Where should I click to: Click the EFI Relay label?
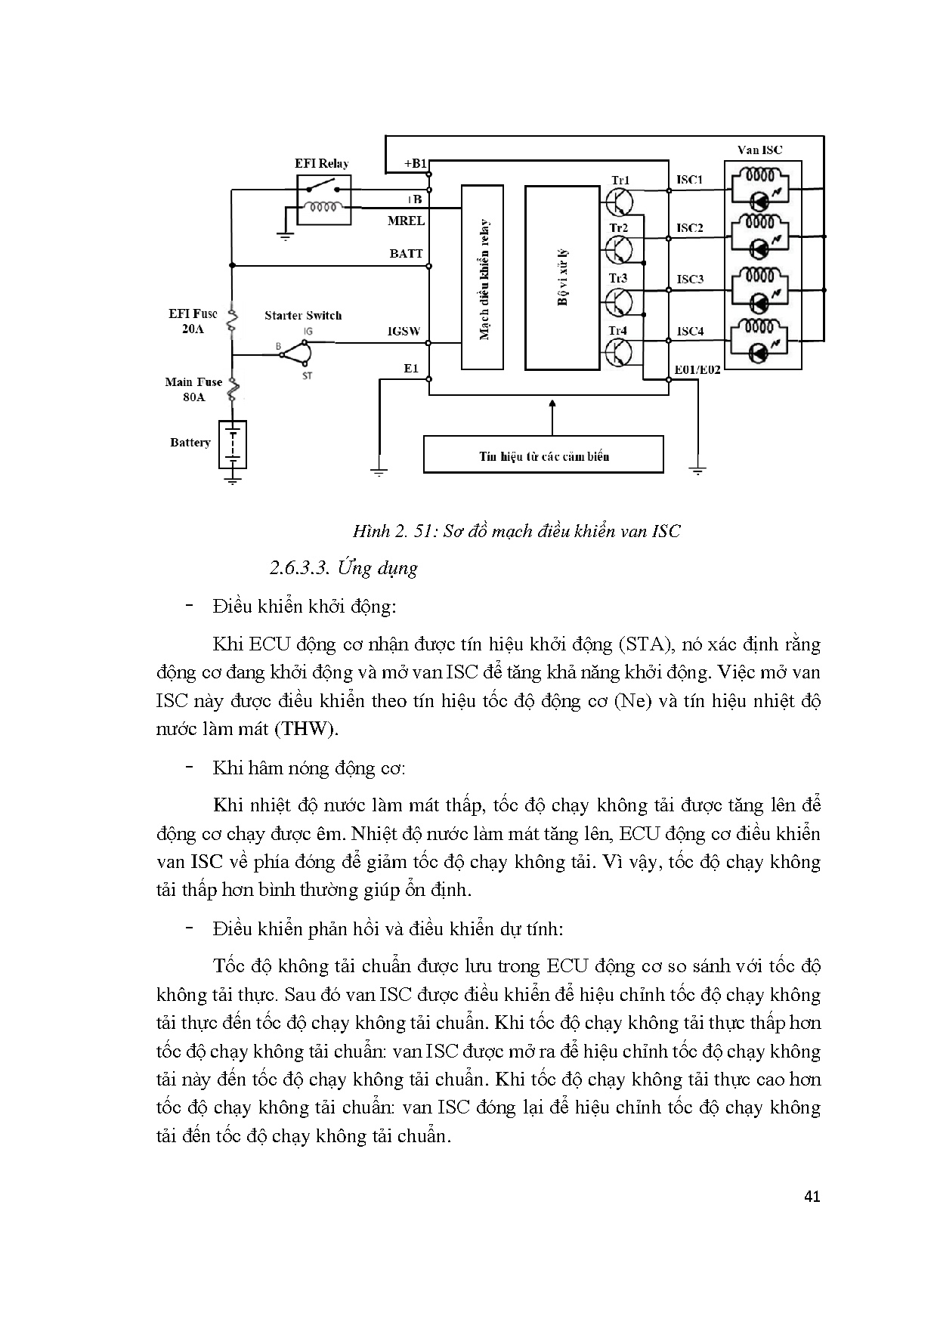pyautogui.click(x=321, y=163)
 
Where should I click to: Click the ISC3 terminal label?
pyautogui.click(x=690, y=279)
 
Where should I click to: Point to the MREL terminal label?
pyautogui.click(x=406, y=221)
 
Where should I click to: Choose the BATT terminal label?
pyautogui.click(x=406, y=254)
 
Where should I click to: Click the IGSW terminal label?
pyautogui.click(x=404, y=331)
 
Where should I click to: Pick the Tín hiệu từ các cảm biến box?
pyautogui.click(x=543, y=455)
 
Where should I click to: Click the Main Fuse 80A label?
pyautogui.click(x=194, y=389)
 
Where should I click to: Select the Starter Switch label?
pyautogui.click(x=303, y=315)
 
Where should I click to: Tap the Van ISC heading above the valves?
pyautogui.click(x=759, y=150)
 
